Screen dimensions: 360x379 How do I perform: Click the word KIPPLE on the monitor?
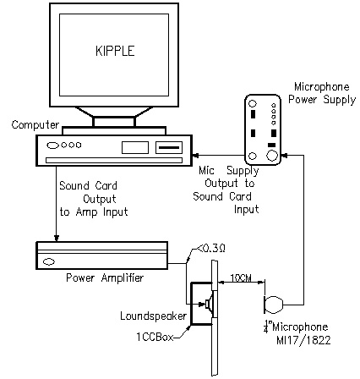pyautogui.click(x=115, y=51)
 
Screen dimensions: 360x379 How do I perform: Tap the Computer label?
pyautogui.click(x=35, y=124)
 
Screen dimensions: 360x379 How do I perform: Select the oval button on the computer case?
pyautogui.click(x=52, y=146)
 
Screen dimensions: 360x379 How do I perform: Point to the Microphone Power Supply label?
pyautogui.click(x=322, y=93)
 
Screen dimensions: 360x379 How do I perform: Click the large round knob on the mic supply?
pyautogui.click(x=272, y=156)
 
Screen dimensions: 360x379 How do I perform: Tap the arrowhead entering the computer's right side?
pyautogui.click(x=195, y=155)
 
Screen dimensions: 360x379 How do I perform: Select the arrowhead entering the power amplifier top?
pyautogui.click(x=57, y=239)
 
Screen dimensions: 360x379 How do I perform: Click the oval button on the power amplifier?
pyautogui.click(x=49, y=262)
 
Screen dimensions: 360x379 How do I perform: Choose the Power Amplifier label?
pyautogui.click(x=105, y=277)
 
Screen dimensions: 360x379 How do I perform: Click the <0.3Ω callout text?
pyautogui.click(x=210, y=249)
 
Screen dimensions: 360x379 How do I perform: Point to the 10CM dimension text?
pyautogui.click(x=241, y=278)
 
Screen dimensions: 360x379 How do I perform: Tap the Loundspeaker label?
pyautogui.click(x=153, y=316)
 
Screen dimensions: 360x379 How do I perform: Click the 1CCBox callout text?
pyautogui.click(x=155, y=337)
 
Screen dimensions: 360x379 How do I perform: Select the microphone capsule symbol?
pyautogui.click(x=274, y=305)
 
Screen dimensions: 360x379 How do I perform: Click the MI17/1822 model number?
pyautogui.click(x=303, y=340)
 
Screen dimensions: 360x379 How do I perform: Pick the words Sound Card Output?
pyautogui.click(x=88, y=192)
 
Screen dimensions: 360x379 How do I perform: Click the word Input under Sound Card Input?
pyautogui.click(x=246, y=209)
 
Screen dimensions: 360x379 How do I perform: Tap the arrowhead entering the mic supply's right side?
pyautogui.click(x=285, y=155)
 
